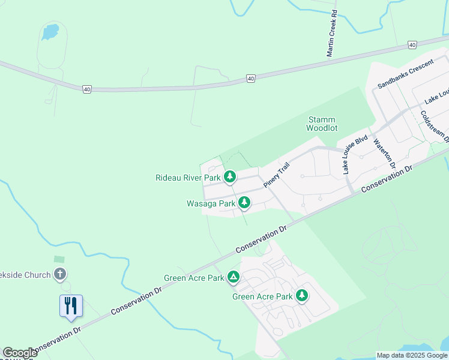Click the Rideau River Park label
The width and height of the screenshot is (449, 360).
[x=188, y=178]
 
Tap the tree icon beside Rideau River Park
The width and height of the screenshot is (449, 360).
[x=229, y=176]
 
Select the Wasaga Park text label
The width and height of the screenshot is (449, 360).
[x=211, y=203]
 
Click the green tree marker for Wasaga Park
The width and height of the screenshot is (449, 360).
[x=244, y=203]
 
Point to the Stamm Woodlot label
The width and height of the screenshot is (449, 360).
[x=322, y=124]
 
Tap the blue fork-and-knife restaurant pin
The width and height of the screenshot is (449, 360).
[x=71, y=305]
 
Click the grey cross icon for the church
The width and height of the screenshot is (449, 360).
[x=59, y=274]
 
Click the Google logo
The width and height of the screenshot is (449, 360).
[x=20, y=353]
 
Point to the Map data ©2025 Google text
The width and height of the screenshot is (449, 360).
[x=412, y=355]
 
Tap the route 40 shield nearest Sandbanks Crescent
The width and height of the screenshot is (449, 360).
[x=411, y=45]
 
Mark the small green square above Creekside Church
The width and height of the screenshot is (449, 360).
[x=59, y=259]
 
